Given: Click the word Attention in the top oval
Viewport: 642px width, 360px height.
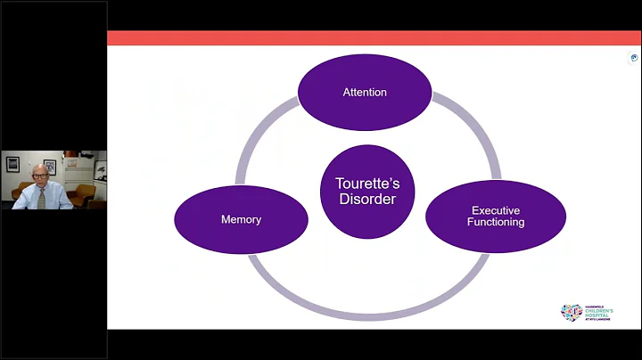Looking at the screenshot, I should pyautogui.click(x=365, y=93).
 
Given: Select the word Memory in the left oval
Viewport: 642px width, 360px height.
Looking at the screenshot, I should pyautogui.click(x=240, y=219).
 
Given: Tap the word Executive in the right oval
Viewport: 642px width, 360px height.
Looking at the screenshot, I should pyautogui.click(x=495, y=210).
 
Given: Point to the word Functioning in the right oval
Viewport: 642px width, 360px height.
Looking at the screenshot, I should pyautogui.click(x=495, y=222).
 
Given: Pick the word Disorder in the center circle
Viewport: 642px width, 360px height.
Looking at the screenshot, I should pyautogui.click(x=366, y=198).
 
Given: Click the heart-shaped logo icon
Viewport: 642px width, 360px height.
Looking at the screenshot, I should pyautogui.click(x=571, y=312).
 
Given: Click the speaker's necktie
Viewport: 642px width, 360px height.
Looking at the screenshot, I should pyautogui.click(x=41, y=197).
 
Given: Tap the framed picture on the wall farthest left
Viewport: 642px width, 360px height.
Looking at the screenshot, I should pyautogui.click(x=12, y=165).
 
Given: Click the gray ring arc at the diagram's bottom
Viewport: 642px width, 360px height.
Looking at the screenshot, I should pyautogui.click(x=366, y=315).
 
